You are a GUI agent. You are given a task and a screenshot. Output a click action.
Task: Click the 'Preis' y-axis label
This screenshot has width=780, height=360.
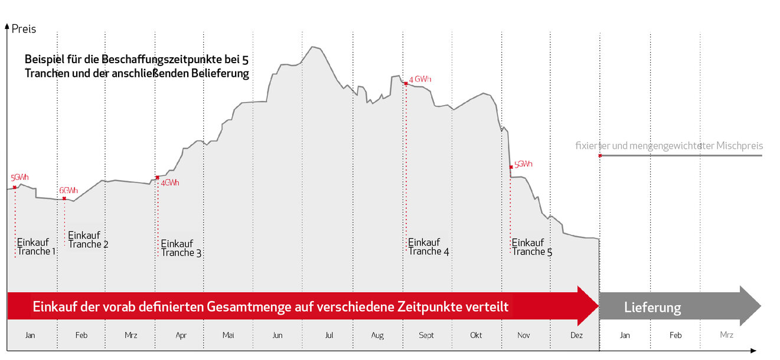point(24,29)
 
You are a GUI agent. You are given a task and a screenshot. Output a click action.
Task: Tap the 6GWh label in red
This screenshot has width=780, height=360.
point(68,191)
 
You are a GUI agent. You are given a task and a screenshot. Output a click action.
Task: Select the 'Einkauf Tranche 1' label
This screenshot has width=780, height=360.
point(36,247)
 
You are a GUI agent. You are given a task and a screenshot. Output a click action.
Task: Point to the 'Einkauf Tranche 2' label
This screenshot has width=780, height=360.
point(88,239)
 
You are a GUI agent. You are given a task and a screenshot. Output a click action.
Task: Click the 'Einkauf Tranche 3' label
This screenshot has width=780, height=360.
point(181,248)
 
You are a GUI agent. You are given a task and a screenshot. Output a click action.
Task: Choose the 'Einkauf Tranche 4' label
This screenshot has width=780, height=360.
point(428,247)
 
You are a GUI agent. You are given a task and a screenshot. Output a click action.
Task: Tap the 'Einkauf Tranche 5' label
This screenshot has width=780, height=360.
point(532,247)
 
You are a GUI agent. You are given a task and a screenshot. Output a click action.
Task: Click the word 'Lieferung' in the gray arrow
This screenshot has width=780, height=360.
point(652,307)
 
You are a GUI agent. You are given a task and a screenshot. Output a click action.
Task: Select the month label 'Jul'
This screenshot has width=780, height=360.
point(329,335)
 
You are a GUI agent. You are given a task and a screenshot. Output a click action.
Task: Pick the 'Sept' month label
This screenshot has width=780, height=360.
point(426,335)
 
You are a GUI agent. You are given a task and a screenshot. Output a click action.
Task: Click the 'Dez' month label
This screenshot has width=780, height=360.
point(577,335)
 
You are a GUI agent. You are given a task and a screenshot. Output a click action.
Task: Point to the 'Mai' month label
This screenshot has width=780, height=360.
point(229,335)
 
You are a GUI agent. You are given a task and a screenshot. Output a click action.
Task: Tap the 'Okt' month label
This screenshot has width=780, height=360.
point(476,335)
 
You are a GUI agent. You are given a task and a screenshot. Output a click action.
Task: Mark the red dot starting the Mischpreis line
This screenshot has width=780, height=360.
point(600,155)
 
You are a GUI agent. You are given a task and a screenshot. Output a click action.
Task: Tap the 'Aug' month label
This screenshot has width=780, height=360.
point(377,335)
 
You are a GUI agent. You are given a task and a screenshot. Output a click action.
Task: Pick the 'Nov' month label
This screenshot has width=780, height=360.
point(523,335)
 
